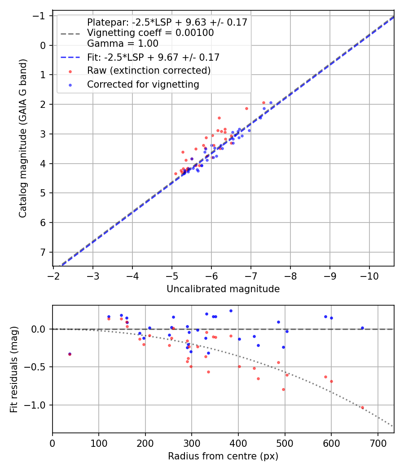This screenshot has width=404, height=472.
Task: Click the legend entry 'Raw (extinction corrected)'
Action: (x=149, y=71)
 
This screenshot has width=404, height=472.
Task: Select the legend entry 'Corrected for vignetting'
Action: (x=143, y=84)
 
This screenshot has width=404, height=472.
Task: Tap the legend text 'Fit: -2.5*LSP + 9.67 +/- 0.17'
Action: (x=153, y=58)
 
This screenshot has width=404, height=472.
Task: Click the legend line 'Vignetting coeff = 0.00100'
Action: (x=150, y=33)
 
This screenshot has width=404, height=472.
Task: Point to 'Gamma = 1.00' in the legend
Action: (x=123, y=44)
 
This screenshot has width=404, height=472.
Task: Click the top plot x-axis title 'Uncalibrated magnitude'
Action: (x=223, y=289)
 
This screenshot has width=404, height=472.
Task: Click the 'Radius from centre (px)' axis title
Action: (x=223, y=456)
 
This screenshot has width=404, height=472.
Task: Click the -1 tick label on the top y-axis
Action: (x=40, y=16)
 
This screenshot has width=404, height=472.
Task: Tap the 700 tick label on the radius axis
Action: (x=378, y=443)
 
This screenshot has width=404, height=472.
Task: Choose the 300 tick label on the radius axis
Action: (x=192, y=443)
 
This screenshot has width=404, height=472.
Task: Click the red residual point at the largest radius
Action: (x=362, y=408)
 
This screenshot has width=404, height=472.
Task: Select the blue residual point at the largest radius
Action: (x=362, y=328)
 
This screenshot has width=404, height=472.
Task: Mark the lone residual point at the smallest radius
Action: (x=70, y=354)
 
